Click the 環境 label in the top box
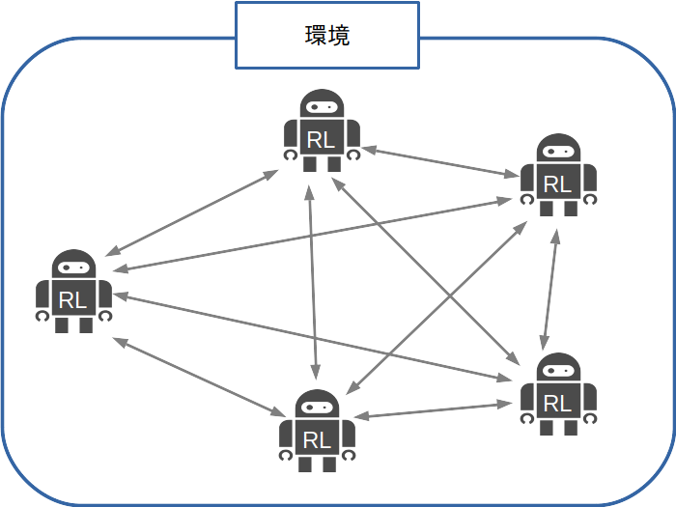(x=327, y=36)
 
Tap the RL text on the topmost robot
(x=321, y=140)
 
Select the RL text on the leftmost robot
(x=72, y=300)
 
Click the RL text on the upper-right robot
(x=557, y=184)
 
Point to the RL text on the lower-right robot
(x=557, y=404)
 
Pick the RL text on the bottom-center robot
(x=317, y=440)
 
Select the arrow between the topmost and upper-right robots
(x=440, y=162)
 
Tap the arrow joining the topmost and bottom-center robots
(x=313, y=282)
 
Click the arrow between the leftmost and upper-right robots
(x=312, y=235)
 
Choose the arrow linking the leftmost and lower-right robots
(x=313, y=338)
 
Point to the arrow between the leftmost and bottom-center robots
(x=199, y=377)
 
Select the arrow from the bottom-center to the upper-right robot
(x=437, y=308)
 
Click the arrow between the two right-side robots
(x=550, y=290)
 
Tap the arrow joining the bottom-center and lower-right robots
(x=433, y=410)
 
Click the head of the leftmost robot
(x=73, y=264)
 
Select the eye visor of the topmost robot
(x=322, y=106)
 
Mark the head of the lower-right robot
(x=558, y=367)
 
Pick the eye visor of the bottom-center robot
(x=317, y=407)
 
